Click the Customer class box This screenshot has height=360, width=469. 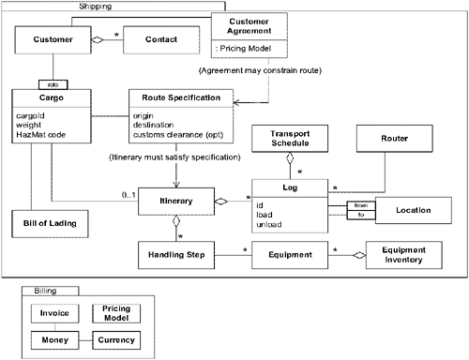pos(46,40)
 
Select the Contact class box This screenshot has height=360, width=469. pos(161,40)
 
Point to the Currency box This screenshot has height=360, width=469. pos(120,339)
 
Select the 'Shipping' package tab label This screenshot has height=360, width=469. pos(90,7)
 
